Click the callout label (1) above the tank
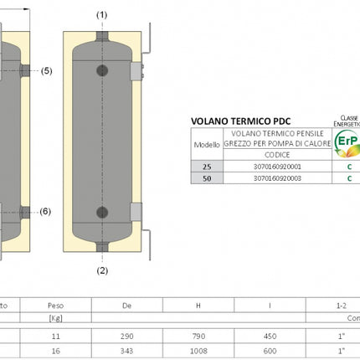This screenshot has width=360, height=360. [x=102, y=15]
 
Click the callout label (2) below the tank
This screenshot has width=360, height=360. [x=102, y=270]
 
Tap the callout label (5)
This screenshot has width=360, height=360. [x=46, y=71]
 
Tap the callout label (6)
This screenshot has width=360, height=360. [x=46, y=212]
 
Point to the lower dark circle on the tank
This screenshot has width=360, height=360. [x=102, y=212]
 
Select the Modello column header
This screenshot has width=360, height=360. [x=206, y=144]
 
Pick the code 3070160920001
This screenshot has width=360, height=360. [x=276, y=167]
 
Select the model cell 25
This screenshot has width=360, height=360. [x=206, y=167]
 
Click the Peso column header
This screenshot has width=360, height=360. [x=56, y=306]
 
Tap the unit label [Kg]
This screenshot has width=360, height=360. [x=56, y=318]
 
